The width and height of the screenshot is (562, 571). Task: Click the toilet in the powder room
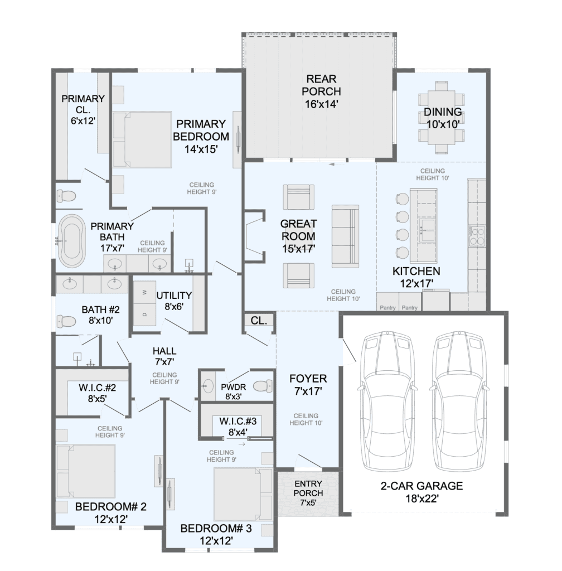[263, 386]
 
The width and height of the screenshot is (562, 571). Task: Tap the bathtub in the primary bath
[72, 241]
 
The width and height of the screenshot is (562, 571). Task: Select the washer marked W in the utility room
[145, 292]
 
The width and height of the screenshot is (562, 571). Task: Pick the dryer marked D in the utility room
[145, 314]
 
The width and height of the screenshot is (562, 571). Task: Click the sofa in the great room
[345, 236]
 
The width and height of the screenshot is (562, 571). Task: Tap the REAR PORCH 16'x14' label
[321, 91]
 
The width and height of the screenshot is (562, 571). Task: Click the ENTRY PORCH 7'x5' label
[308, 493]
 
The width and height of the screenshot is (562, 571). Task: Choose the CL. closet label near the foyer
[259, 321]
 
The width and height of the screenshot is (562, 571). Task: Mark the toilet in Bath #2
[66, 322]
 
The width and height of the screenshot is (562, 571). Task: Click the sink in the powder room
[209, 386]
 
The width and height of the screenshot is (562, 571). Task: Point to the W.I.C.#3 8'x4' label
[238, 427]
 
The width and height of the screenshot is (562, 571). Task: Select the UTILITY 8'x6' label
[174, 301]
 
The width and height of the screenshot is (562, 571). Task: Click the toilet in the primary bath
[66, 197]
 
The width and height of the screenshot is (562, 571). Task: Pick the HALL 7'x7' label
[164, 356]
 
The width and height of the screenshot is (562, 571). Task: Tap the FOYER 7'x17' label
[308, 385]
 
